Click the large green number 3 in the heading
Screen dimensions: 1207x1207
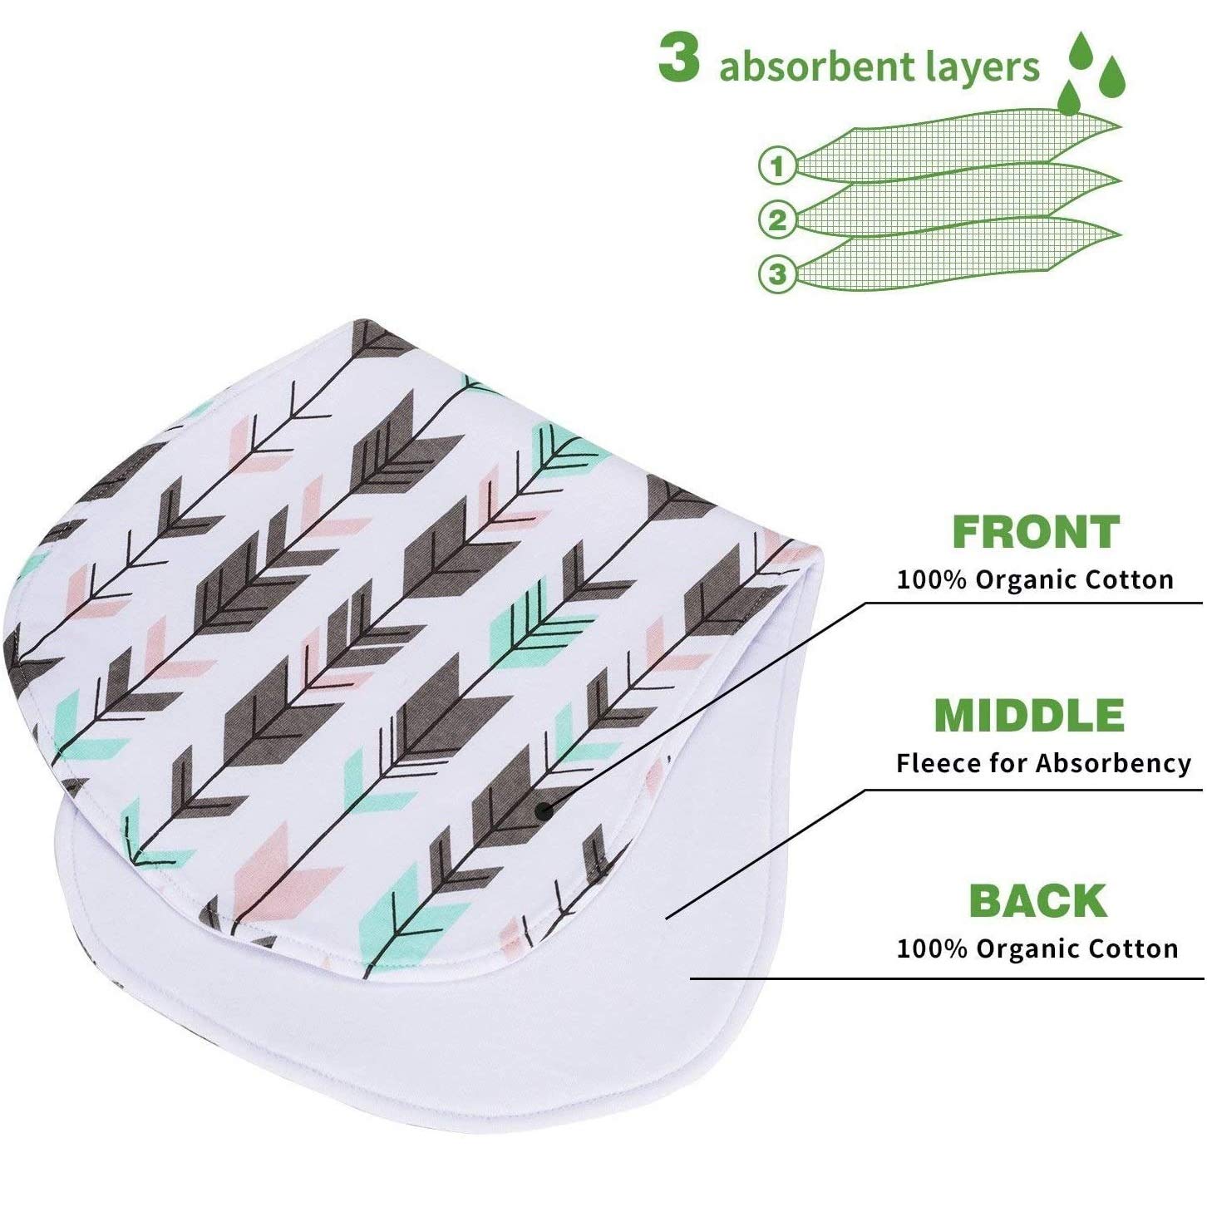[678, 60]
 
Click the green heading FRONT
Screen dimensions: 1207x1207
[1036, 532]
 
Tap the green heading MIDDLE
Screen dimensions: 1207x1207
[1029, 716]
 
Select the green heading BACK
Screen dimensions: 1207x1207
[1038, 901]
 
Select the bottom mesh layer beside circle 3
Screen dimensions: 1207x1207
[956, 258]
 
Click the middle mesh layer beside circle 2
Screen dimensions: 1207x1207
[956, 204]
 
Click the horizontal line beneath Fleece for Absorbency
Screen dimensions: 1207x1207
[1031, 790]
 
